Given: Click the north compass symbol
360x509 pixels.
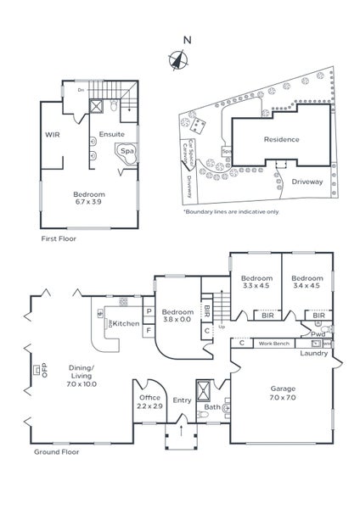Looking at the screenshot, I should (x=178, y=59).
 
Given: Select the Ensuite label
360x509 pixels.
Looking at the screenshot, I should (x=111, y=134).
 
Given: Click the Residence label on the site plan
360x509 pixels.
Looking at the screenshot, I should (x=280, y=139).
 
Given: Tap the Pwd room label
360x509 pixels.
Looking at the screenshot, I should (x=318, y=334).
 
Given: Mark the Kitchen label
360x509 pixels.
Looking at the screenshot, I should (x=127, y=324).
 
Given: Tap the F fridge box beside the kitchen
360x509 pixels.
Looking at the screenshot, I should (x=149, y=330).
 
